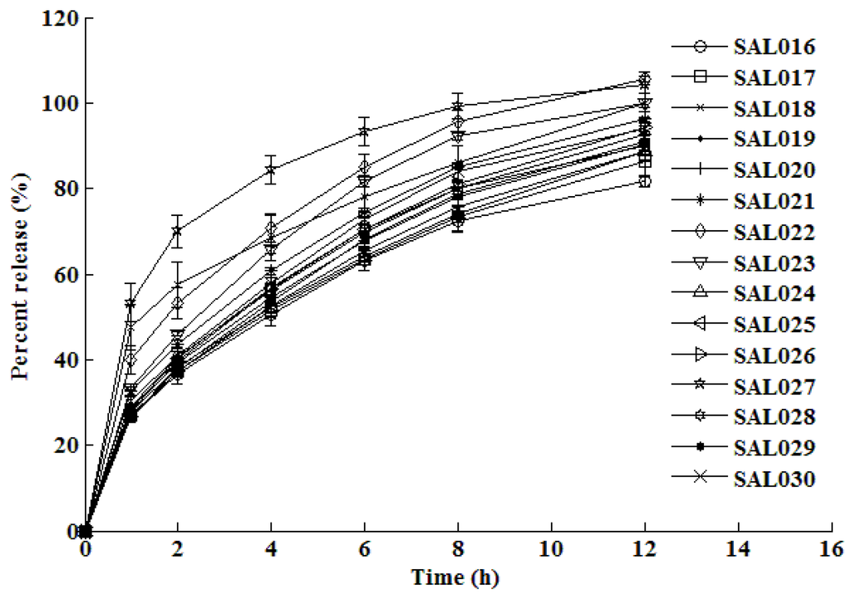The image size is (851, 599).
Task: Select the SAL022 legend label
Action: point(773,233)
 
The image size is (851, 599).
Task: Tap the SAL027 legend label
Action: point(773,387)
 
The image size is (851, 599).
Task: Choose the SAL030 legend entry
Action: point(773,479)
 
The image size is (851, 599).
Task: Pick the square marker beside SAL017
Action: point(701,78)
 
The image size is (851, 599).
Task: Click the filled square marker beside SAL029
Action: point(701,448)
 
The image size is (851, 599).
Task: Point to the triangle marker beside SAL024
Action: point(701,293)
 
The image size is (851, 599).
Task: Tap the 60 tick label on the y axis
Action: point(64,275)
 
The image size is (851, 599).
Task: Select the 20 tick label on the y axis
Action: point(64,445)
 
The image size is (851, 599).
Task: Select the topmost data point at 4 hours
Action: point(270,171)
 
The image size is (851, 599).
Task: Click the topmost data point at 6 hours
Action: point(363,131)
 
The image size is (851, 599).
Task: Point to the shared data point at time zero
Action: point(85,530)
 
